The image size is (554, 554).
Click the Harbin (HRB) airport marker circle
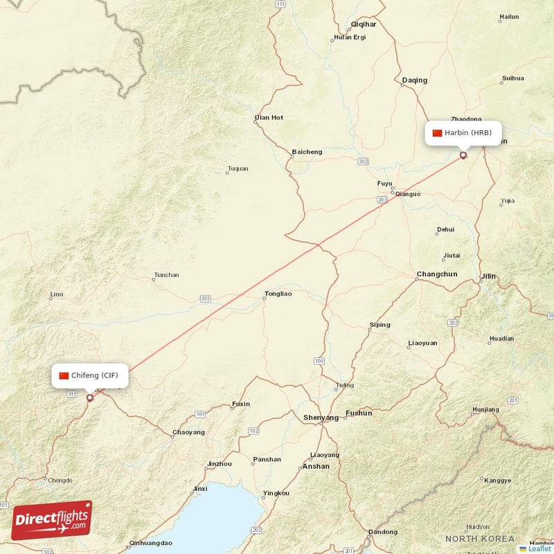click(x=463, y=155)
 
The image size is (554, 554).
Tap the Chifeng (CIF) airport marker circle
click(x=89, y=397)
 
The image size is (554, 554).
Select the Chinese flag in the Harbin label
click(x=437, y=133)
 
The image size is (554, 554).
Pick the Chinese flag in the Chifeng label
click(x=64, y=376)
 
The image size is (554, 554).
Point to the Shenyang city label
click(x=321, y=418)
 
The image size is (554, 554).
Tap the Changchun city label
click(x=437, y=274)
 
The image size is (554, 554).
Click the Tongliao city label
click(x=278, y=294)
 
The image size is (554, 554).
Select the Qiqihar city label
click(x=364, y=24)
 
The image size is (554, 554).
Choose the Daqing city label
click(x=415, y=80)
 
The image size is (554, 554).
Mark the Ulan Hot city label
click(x=269, y=118)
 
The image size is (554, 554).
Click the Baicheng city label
click(x=307, y=152)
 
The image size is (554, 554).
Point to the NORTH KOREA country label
click(x=480, y=539)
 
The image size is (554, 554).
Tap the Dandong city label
click(x=383, y=532)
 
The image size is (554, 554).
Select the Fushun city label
click(x=359, y=413)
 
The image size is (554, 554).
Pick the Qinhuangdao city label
click(x=150, y=543)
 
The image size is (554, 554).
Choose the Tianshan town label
click(x=166, y=275)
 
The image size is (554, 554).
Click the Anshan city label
click(x=316, y=467)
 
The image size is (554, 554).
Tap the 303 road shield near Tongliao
click(x=205, y=298)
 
